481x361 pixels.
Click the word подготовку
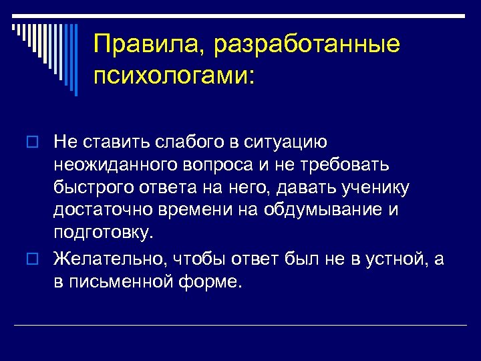click(103, 234)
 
